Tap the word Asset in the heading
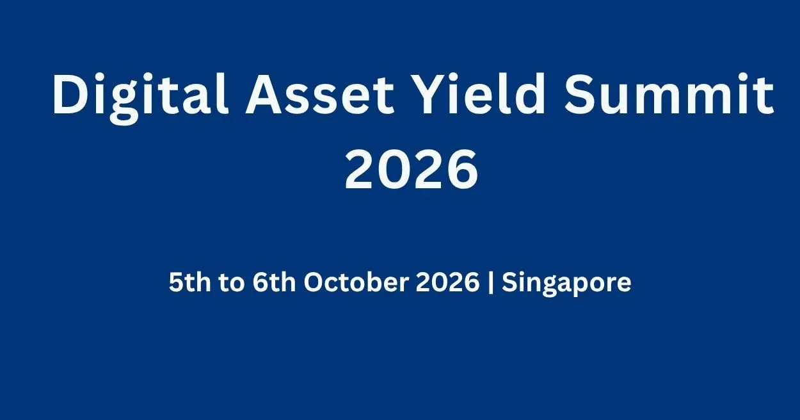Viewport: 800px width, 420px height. [x=319, y=94]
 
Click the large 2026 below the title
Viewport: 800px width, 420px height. [x=411, y=170]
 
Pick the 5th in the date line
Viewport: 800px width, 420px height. [x=189, y=282]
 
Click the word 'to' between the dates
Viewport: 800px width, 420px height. [x=232, y=283]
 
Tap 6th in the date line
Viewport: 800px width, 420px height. [x=274, y=282]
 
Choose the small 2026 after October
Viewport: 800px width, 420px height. [x=448, y=282]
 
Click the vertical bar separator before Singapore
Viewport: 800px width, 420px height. [x=491, y=283]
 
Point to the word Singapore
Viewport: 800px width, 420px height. [x=566, y=284]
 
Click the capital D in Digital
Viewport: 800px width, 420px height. [x=69, y=94]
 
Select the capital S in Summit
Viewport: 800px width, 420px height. [x=579, y=94]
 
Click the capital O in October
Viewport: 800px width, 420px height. [x=314, y=282]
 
